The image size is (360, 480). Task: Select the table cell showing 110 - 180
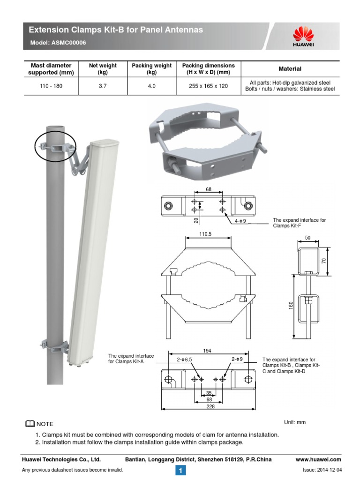coord(51,86)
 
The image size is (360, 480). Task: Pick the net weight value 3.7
coord(103,86)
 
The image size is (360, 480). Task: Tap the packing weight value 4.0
coord(151,86)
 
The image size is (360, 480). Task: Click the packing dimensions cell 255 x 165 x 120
coord(209,86)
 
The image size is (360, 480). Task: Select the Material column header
coord(290,69)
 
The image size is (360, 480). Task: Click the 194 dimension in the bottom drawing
coord(208,351)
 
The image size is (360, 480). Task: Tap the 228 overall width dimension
coord(210,406)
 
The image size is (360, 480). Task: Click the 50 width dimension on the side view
coord(308,238)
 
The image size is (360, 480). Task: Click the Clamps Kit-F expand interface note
coord(299,223)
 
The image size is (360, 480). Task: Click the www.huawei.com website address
coord(318,459)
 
